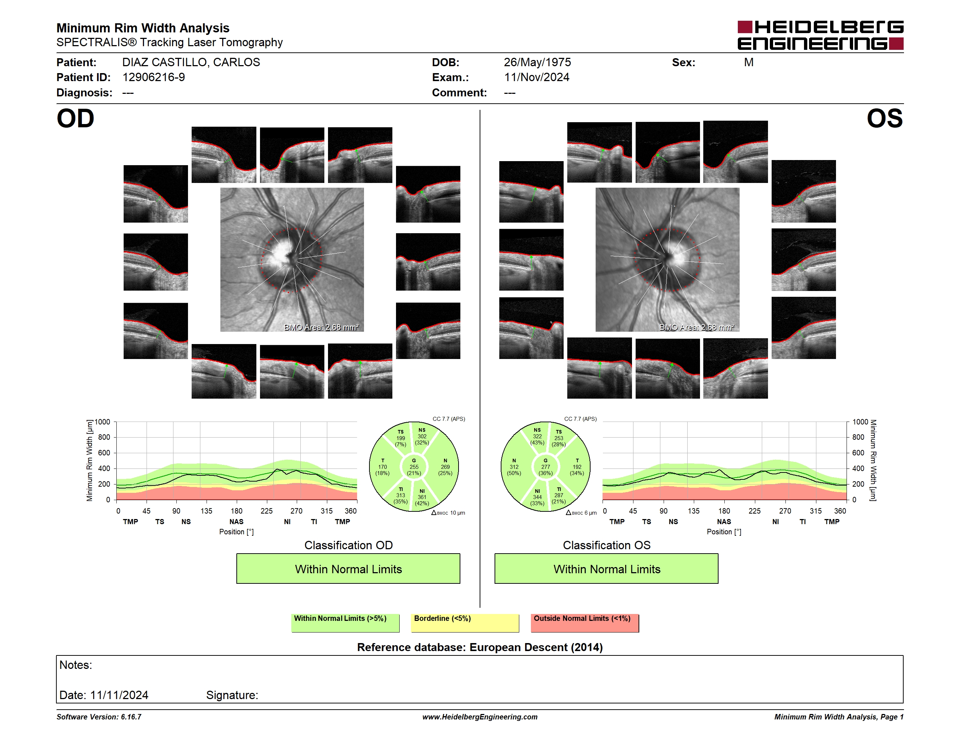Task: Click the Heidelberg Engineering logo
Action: [820, 35]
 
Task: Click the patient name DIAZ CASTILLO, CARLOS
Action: [191, 63]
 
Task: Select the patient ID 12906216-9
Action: [153, 77]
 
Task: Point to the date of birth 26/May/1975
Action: [537, 63]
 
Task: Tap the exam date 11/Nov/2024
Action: [536, 77]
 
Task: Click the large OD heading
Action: [76, 119]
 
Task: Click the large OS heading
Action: [884, 119]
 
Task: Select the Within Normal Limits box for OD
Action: [348, 569]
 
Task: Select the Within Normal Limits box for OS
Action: [607, 569]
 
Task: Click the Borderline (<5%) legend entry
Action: [465, 623]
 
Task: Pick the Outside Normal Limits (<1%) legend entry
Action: [585, 623]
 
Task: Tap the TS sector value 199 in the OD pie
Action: [400, 438]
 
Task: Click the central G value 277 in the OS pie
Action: [545, 467]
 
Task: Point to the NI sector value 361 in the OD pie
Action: [422, 497]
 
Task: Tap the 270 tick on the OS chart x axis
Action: [785, 511]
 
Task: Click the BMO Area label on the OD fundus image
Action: [321, 327]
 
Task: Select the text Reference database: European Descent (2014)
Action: [480, 647]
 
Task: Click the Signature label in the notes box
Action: [232, 695]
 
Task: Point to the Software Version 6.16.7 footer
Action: [99, 717]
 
